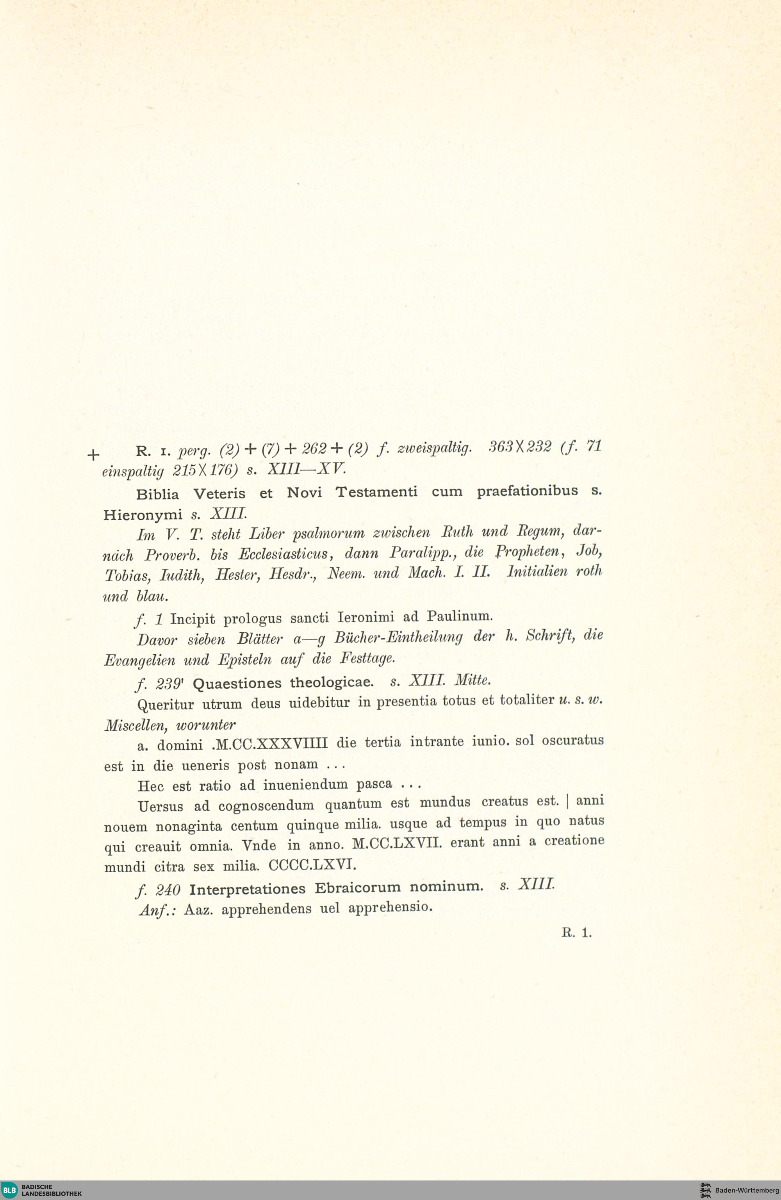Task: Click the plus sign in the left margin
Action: pyautogui.click(x=93, y=455)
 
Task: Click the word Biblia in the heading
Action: pyautogui.click(x=157, y=494)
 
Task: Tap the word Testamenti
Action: pyautogui.click(x=376, y=491)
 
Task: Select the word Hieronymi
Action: pyautogui.click(x=143, y=515)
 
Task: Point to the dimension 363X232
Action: pyautogui.click(x=520, y=447)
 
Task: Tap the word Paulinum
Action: pyautogui.click(x=459, y=616)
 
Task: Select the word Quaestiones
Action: pyautogui.click(x=237, y=683)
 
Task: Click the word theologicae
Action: pyautogui.click(x=332, y=682)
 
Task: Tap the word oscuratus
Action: pyautogui.click(x=573, y=740)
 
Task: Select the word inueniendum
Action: pyautogui.click(x=305, y=784)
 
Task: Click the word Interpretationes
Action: pyautogui.click(x=247, y=888)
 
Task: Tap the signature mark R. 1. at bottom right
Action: pyautogui.click(x=576, y=933)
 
